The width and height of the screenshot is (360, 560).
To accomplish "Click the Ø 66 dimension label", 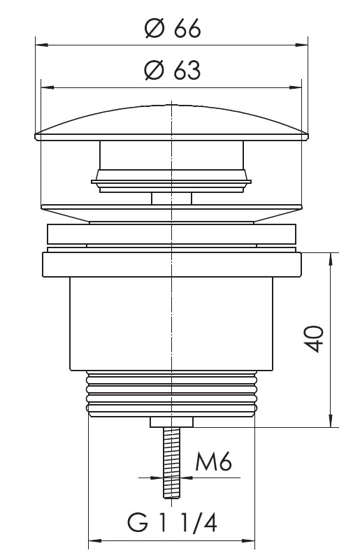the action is (173, 28).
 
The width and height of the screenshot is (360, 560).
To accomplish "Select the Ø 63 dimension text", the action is (173, 70).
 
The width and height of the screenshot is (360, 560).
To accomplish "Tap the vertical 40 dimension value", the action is (314, 339).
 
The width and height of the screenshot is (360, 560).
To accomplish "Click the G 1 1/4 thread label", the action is (172, 523).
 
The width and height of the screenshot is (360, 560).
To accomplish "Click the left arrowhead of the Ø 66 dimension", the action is (41, 45).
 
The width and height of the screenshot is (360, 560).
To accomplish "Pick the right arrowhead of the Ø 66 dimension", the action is (302, 45).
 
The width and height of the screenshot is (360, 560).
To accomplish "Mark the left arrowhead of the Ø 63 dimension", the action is (47, 87).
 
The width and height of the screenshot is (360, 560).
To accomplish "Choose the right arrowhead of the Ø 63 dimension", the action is (296, 87).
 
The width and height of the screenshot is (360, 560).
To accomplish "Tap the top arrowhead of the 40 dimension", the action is (331, 259).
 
